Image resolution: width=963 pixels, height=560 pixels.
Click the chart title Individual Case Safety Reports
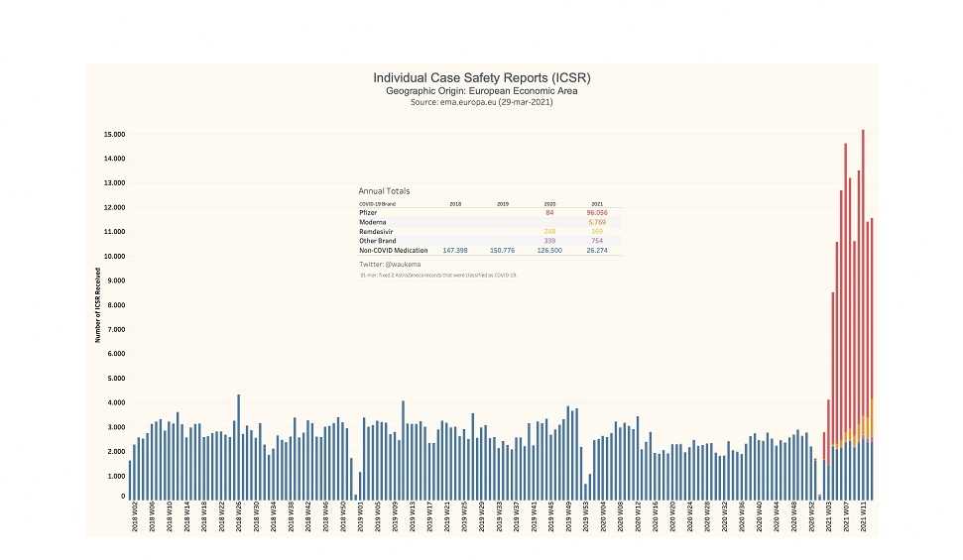(x=482, y=77)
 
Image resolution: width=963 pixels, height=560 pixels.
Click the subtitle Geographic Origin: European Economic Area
(x=482, y=90)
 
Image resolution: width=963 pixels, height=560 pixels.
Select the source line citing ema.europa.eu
(x=482, y=102)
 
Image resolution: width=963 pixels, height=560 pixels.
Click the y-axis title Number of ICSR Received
(x=97, y=304)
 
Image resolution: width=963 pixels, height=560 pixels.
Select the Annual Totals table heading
(x=384, y=191)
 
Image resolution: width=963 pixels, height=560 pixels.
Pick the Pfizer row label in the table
(x=366, y=212)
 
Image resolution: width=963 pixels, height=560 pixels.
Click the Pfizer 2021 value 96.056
(x=596, y=212)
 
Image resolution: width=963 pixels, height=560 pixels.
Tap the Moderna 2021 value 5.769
(x=597, y=222)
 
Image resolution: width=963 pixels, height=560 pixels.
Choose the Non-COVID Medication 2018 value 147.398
(x=455, y=251)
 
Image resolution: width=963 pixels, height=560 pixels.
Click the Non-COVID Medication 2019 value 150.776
(x=503, y=251)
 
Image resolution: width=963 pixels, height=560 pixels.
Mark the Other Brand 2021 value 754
(x=597, y=241)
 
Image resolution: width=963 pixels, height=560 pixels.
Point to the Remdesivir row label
(x=372, y=231)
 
